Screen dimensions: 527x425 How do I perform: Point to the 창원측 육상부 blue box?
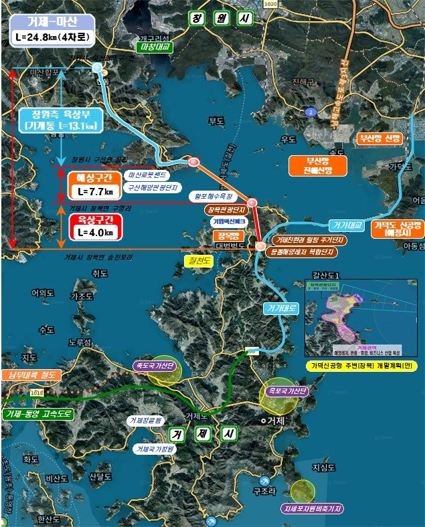[61, 118]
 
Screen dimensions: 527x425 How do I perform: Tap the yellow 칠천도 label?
[197, 260]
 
